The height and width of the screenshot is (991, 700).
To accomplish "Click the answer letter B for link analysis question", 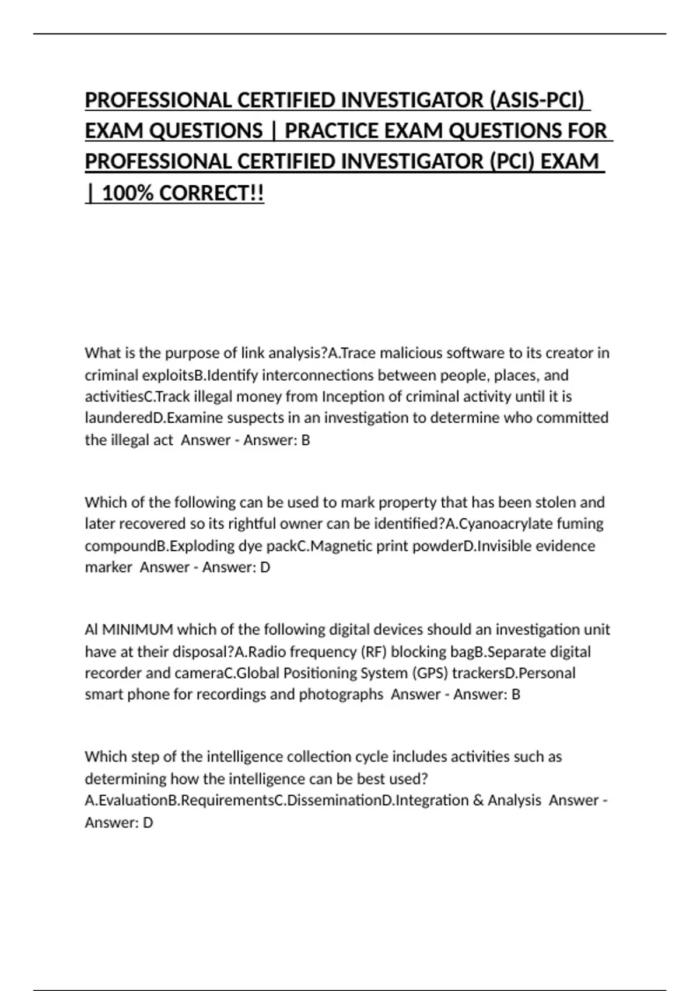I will pyautogui.click(x=305, y=440).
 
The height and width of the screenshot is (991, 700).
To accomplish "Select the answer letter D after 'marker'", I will pyautogui.click(x=265, y=568).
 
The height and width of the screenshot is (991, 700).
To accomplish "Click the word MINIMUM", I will pyautogui.click(x=138, y=630).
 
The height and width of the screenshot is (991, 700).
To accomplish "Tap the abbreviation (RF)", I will pyautogui.click(x=373, y=652).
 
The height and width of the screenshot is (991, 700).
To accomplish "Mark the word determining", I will pyautogui.click(x=125, y=779).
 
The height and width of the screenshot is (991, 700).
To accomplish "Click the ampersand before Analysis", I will pyautogui.click(x=478, y=800).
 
